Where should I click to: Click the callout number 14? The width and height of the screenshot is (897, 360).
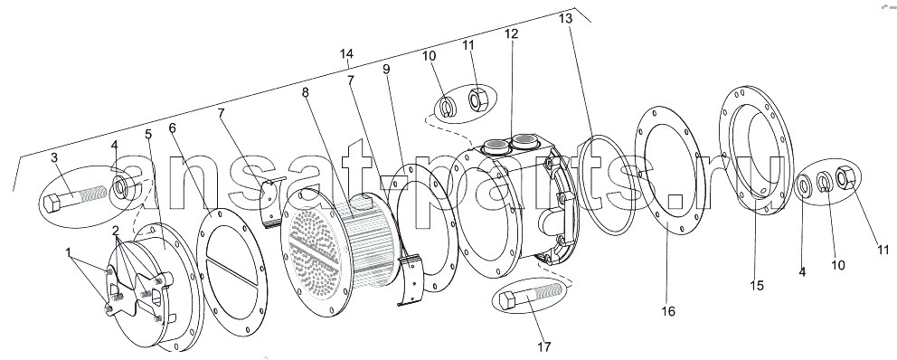[x=346, y=53]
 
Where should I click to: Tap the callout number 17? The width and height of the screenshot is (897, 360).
[x=544, y=346]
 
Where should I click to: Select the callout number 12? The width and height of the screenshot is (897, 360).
[x=511, y=33]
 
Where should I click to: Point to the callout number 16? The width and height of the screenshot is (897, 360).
[x=668, y=311]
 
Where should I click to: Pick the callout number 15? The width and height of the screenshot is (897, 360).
[x=756, y=285]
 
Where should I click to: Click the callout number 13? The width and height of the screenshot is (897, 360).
[x=565, y=18]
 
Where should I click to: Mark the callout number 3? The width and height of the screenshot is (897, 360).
[x=54, y=157]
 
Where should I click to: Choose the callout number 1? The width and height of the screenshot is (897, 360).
[x=69, y=251]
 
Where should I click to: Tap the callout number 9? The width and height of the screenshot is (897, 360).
[x=386, y=69]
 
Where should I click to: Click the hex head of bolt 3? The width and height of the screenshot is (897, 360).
[x=52, y=203]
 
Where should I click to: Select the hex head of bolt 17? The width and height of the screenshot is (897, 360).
[x=508, y=300]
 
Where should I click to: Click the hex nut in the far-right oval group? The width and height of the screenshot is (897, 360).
[x=845, y=177]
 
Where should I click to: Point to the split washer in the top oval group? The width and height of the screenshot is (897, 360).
[x=446, y=107]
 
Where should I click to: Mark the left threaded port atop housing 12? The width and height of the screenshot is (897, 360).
[x=494, y=147]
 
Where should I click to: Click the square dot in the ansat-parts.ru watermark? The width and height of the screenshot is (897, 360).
[x=676, y=200]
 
